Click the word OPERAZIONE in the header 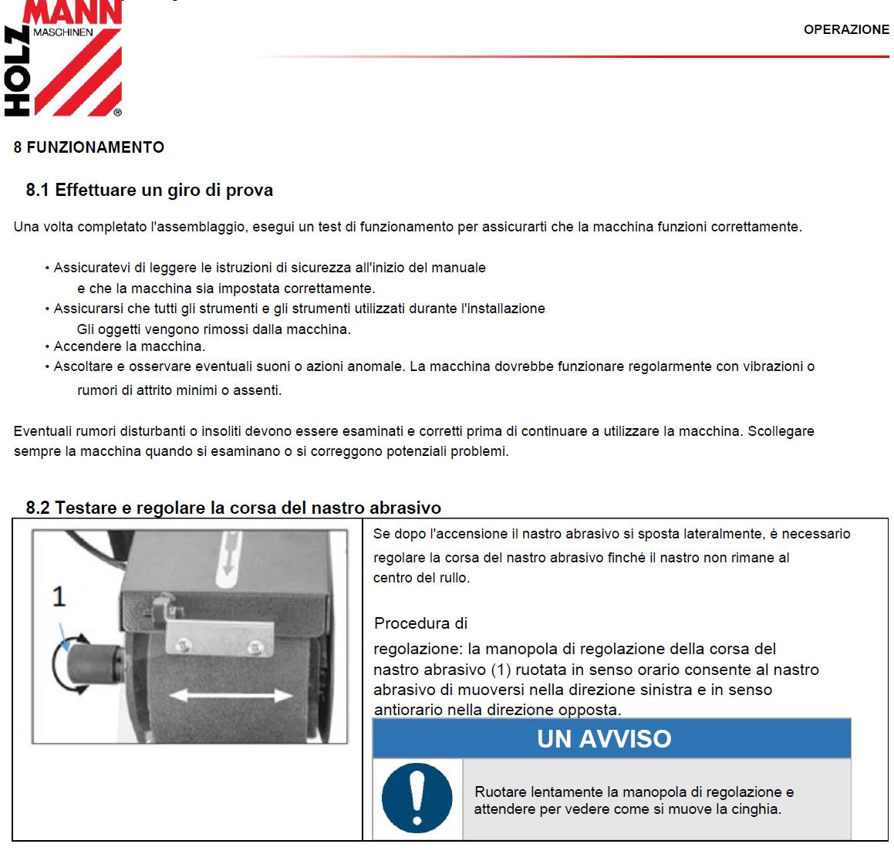[845, 29]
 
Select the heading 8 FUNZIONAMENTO [89, 147]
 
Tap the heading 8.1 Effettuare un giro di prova [149, 191]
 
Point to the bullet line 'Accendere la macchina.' [129, 346]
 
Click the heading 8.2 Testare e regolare [233, 508]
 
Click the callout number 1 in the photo [59, 596]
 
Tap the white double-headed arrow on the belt [230, 696]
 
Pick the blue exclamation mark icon [417, 798]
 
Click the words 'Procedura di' [420, 623]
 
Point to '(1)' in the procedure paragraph [501, 670]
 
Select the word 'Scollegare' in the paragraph [781, 431]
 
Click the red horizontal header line [571, 56]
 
